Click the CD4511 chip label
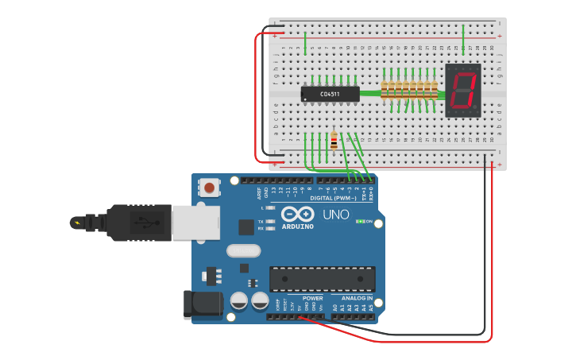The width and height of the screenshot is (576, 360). pos(330,95)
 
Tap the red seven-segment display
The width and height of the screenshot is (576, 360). pos(463,90)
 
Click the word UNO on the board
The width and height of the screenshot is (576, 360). pos(335,215)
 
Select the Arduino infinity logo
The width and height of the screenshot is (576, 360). pos(296,215)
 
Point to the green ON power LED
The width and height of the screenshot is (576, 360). pos(361,221)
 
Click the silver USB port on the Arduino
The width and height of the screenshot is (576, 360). pos(195,222)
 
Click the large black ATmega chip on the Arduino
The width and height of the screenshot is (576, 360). pos(321,279)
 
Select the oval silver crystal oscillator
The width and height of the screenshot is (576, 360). pos(243,251)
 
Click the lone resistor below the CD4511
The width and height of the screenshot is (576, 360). pos(334,141)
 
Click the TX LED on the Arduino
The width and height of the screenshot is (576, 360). pos(270,221)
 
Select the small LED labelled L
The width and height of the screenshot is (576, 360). pos(270,208)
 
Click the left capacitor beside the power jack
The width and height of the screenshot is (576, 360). pos(238,301)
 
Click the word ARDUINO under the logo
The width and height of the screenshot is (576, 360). pos(297,226)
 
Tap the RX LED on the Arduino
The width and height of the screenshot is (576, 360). pos(270,228)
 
